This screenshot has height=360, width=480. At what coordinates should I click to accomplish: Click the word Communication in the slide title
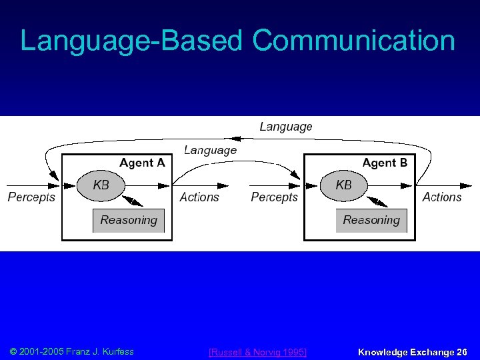pos(353,41)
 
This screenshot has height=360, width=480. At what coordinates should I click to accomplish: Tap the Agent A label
pos(142,163)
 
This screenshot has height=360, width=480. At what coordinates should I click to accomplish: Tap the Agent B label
pos(385,163)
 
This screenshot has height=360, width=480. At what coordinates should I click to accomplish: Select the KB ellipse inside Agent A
pos(101,185)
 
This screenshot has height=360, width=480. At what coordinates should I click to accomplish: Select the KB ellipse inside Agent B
pos(344,185)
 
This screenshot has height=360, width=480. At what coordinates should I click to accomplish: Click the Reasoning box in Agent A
pos(129,220)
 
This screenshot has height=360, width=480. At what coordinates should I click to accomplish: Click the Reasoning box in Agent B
pos(371,220)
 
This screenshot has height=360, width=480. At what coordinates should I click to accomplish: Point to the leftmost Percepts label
pos(31,197)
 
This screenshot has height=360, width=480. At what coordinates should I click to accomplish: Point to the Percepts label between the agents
pos(274,197)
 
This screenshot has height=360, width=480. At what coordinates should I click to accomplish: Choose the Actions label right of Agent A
pos(199,197)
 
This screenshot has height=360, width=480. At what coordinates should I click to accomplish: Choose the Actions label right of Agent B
pos(442,197)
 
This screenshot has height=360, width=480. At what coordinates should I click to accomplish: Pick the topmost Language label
pos(285,127)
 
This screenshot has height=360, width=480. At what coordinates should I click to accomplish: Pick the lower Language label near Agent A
pos(210,151)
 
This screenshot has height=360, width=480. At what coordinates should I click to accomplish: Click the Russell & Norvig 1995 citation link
pos(257,352)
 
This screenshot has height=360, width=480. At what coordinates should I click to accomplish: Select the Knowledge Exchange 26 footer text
pos(413,352)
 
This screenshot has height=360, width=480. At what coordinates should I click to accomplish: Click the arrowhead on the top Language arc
pos(244,139)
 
